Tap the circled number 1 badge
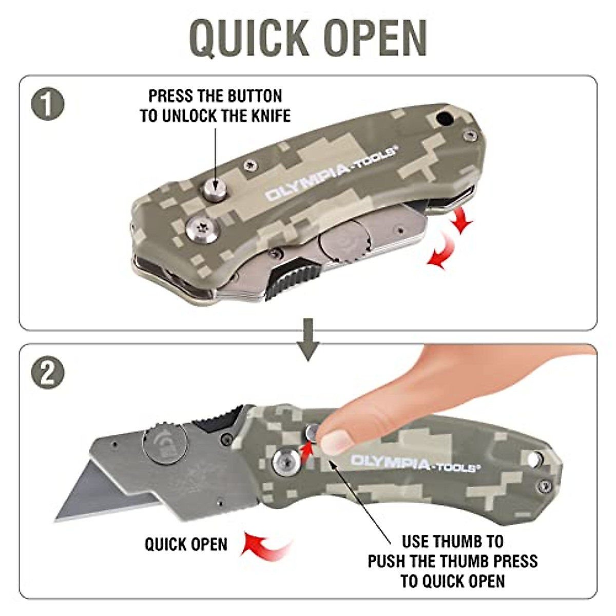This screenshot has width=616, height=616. pyautogui.click(x=48, y=104)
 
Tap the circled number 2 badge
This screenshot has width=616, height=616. pyautogui.click(x=48, y=373)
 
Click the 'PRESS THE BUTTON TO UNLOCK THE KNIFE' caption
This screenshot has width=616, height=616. pyautogui.click(x=215, y=106)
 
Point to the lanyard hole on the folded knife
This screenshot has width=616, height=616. pyautogui.click(x=442, y=118)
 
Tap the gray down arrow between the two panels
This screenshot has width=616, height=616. pyautogui.click(x=308, y=339)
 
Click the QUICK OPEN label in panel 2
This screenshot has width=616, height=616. pyautogui.click(x=186, y=544)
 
